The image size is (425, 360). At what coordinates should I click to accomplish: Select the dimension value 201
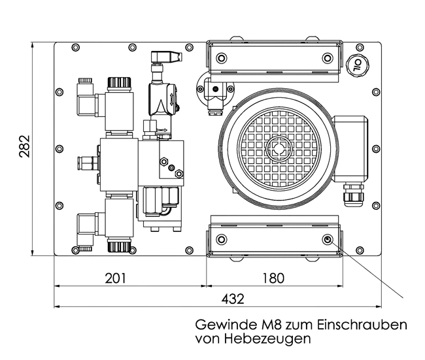pos(115,278)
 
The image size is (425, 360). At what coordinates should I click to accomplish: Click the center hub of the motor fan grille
pos(281,148)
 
